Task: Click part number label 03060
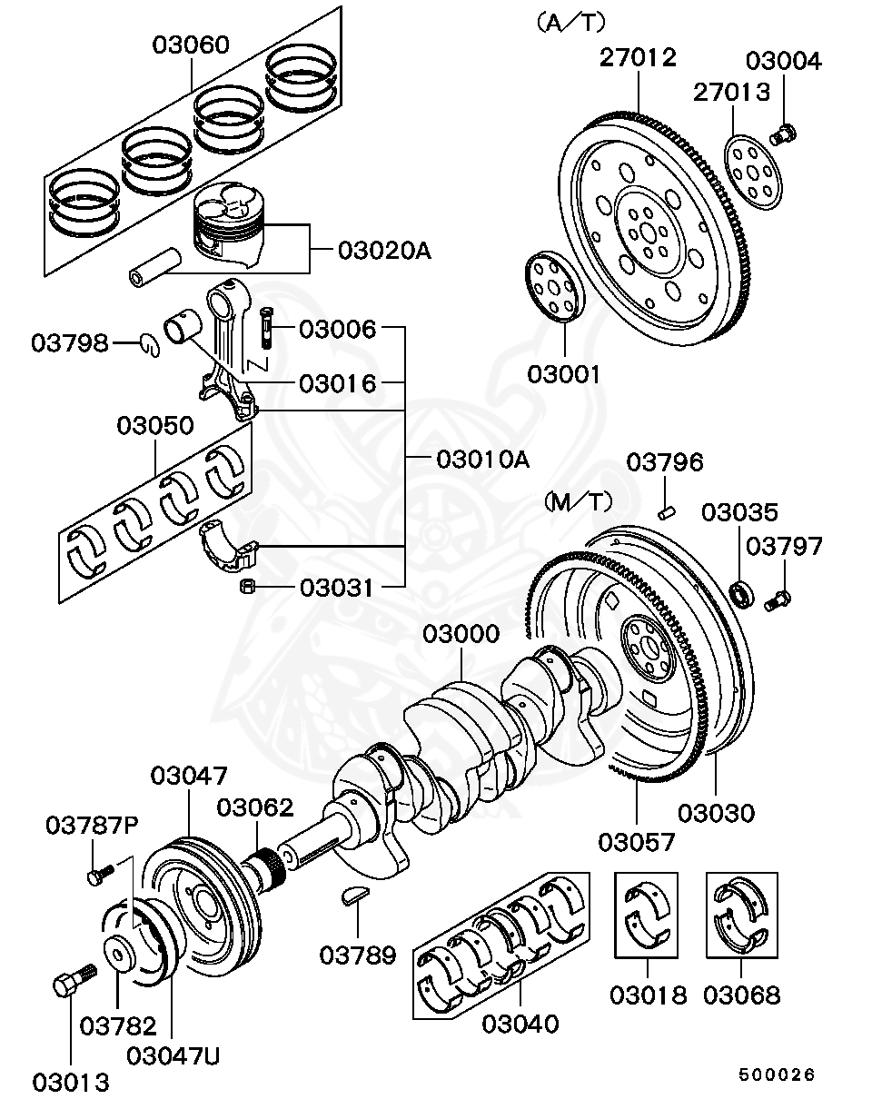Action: tap(191, 45)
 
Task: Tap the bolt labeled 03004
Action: tap(784, 135)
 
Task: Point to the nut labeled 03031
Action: tap(245, 588)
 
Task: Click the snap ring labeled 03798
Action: tap(151, 342)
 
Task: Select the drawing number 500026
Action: tap(777, 1074)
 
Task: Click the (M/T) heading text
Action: tap(579, 500)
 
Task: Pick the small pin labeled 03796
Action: tap(666, 510)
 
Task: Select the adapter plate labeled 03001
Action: tap(553, 286)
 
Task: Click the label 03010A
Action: tap(481, 459)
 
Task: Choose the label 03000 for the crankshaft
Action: tap(461, 634)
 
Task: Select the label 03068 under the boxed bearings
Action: tap(742, 995)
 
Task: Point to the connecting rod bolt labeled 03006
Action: tap(265, 326)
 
